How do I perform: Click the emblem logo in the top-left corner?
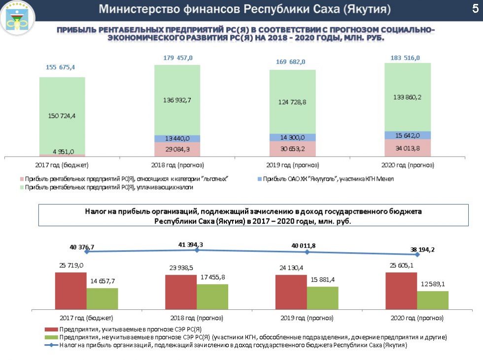tap(17, 18)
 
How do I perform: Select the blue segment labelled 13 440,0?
tap(177, 138)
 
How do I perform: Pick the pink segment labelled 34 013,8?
tap(408, 148)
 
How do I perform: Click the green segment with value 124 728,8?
tap(292, 101)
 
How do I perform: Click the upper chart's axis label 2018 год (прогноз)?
tap(177, 164)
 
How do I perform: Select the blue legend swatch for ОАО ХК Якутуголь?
tap(259, 179)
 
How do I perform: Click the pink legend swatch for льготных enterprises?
tap(21, 179)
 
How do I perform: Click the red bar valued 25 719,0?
tap(70, 291)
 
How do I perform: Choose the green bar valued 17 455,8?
tap(212, 296)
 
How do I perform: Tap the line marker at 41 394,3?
tap(197, 250)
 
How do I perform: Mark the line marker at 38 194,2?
tap(417, 255)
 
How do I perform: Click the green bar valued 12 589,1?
tap(433, 300)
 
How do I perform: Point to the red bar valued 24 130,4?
tap(291, 292)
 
